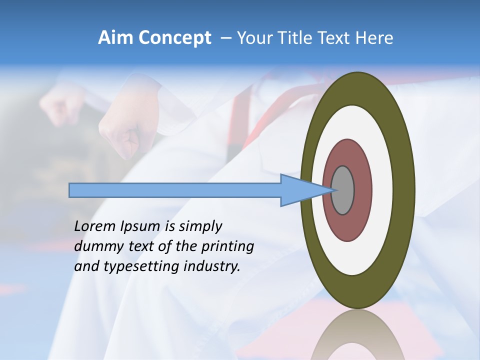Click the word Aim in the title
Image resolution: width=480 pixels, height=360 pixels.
click(116, 38)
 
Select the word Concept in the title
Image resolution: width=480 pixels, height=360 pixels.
click(175, 38)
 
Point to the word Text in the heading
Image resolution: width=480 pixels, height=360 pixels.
click(335, 38)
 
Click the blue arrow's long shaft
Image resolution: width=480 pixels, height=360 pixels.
click(175, 190)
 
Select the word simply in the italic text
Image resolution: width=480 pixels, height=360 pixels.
click(200, 226)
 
